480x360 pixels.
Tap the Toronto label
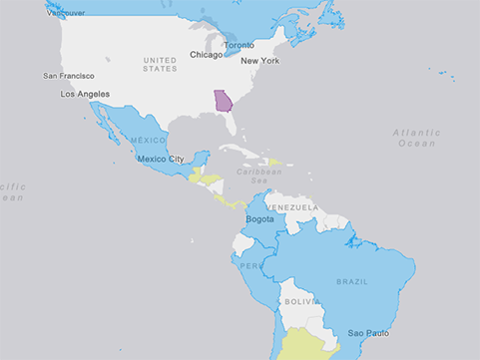click(239, 46)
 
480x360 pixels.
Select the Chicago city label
click(207, 55)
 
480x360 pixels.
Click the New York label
click(260, 61)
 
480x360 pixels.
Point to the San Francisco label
click(69, 76)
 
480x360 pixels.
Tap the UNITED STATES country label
click(160, 64)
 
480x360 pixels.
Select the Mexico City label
click(160, 159)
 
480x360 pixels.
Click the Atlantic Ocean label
click(414, 138)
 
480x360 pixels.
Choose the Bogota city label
click(259, 218)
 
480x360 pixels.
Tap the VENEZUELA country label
click(291, 207)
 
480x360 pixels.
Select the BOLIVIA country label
click(300, 301)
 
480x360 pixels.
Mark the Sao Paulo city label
click(368, 332)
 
